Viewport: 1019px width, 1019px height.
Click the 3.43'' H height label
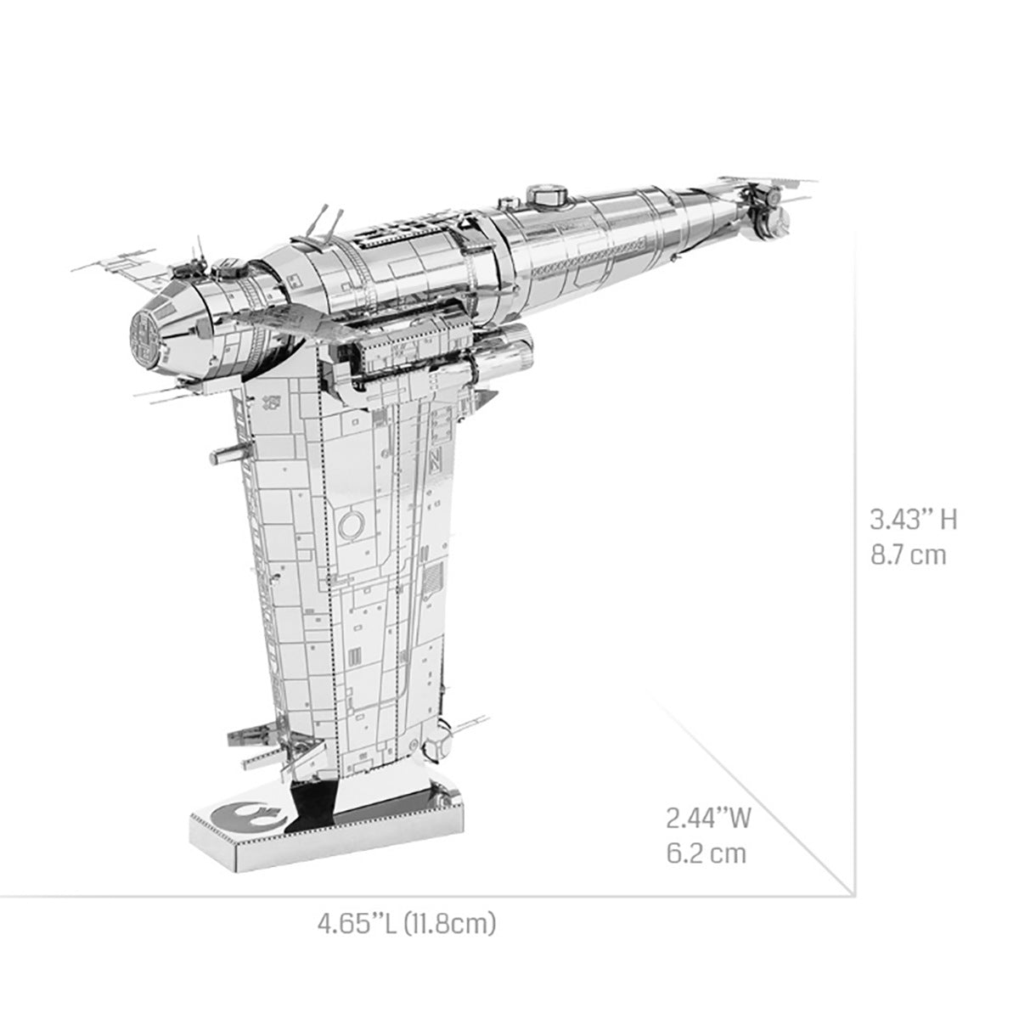pyautogui.click(x=913, y=519)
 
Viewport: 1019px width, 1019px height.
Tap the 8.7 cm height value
pyautogui.click(x=907, y=556)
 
